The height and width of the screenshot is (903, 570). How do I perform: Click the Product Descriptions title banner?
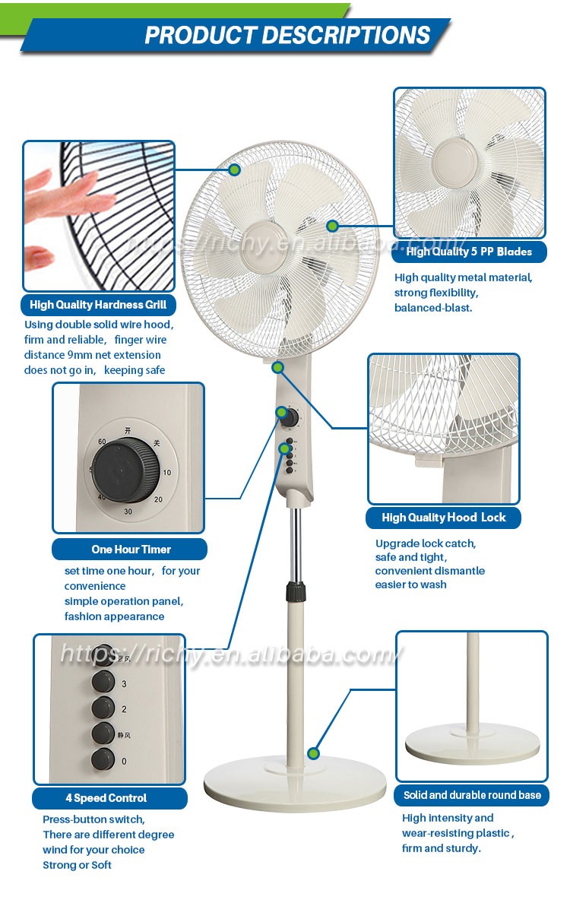(x=287, y=35)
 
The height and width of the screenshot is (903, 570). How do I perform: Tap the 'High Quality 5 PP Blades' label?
(x=469, y=252)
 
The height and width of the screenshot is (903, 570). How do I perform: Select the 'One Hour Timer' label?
(x=131, y=549)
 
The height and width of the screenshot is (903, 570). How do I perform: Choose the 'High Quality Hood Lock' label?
(x=443, y=518)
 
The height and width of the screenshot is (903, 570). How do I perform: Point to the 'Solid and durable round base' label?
(x=472, y=795)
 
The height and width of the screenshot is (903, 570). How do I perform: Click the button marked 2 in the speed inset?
(x=103, y=708)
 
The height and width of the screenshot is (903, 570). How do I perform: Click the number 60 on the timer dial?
(x=102, y=442)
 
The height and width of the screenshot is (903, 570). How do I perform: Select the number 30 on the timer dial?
(x=128, y=512)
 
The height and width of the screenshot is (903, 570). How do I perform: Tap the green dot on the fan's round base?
(x=313, y=753)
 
